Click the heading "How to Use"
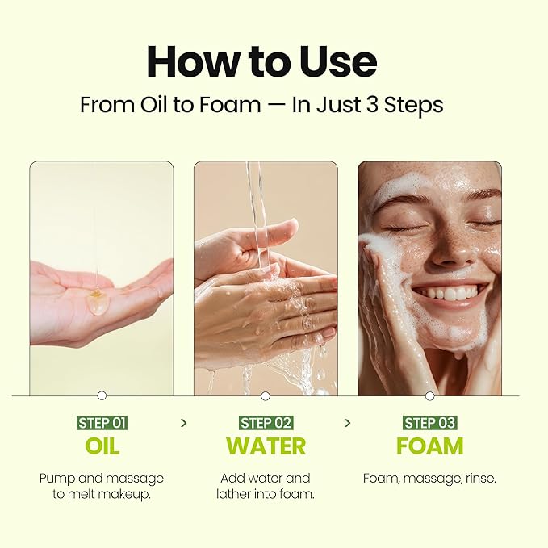261,62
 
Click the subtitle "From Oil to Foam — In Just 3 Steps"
261,105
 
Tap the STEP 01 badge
102,422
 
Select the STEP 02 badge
266,422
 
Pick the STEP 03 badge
429,422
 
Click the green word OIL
102,446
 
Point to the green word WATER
266,446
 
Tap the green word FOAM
429,446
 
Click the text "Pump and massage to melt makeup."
102,486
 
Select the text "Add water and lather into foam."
266,486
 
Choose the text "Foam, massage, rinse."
429,479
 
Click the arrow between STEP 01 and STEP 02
184,422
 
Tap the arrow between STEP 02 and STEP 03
348,422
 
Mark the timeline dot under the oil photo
102,395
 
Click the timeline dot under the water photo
266,395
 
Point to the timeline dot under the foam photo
429,395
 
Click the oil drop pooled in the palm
97,302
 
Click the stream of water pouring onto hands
259,210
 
